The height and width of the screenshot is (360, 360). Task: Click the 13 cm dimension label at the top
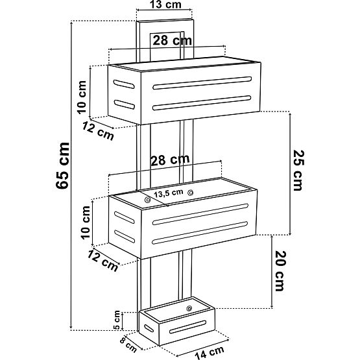[x=165, y=5]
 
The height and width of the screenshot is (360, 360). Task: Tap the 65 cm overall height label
[x=62, y=165]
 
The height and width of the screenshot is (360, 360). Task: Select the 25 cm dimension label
[x=298, y=171]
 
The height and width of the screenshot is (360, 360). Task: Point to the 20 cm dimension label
[x=281, y=271]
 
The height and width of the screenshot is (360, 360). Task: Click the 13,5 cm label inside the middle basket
[x=169, y=193]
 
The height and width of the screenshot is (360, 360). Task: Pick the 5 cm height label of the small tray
[x=117, y=320]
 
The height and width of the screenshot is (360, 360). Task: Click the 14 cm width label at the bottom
[x=210, y=352]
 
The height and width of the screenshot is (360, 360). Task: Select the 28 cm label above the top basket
[x=172, y=41]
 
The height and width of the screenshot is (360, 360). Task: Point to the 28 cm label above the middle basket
[x=170, y=160]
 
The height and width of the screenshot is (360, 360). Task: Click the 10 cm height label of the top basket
[x=82, y=97]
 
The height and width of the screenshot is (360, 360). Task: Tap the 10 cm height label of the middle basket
[x=86, y=222]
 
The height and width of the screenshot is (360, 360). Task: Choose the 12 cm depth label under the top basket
[x=98, y=131]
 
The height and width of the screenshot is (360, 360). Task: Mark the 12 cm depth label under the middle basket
[x=103, y=261]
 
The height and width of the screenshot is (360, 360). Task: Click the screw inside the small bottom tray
[x=189, y=308]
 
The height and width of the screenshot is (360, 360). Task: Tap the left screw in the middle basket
[x=147, y=200]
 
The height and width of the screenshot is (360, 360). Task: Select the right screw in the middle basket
[x=190, y=193]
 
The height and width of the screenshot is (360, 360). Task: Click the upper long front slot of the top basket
[x=202, y=83]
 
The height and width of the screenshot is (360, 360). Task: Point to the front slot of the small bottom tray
[x=188, y=327]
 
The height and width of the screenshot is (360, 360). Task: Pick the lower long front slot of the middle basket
[x=200, y=233]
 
